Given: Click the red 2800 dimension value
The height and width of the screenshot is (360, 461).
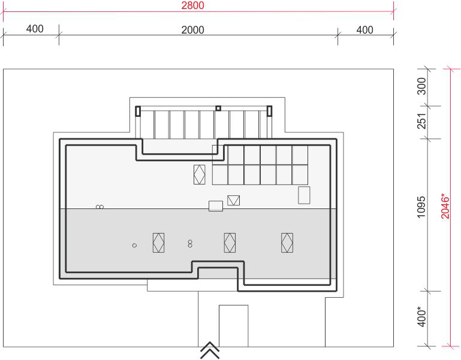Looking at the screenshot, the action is [192, 5].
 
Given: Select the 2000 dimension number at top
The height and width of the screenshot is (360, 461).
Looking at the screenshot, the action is [192, 30].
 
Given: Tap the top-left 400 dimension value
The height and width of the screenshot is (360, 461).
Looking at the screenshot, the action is [35, 29].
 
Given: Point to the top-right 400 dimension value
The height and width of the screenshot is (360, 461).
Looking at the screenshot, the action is [365, 30].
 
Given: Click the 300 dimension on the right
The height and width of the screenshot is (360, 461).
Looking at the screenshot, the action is [421, 86].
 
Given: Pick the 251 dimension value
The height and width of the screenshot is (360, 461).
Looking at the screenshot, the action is [421, 121].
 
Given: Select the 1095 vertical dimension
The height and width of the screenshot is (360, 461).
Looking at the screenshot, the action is [421, 207].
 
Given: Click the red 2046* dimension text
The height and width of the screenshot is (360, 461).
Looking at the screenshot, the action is [445, 205].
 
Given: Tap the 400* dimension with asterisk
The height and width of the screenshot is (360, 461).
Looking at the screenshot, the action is [421, 316].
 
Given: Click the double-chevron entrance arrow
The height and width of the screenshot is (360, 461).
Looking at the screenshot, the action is [210, 350].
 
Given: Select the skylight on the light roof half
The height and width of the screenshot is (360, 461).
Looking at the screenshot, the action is [200, 174].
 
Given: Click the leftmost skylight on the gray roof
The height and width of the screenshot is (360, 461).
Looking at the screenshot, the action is [158, 243].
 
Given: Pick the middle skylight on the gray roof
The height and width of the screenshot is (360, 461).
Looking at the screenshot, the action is [230, 243].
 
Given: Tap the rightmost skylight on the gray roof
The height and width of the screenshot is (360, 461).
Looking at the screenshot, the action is [287, 243].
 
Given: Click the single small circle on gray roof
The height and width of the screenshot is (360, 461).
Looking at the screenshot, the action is [134, 246].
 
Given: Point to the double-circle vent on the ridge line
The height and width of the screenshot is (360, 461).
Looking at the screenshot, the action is [100, 207].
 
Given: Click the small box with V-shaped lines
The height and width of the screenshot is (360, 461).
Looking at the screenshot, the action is [233, 201].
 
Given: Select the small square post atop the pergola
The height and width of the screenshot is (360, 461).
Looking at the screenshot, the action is [218, 108].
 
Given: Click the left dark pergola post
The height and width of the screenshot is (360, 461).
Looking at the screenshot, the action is [138, 111].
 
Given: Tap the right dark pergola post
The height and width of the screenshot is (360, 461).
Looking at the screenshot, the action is [269, 111].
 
